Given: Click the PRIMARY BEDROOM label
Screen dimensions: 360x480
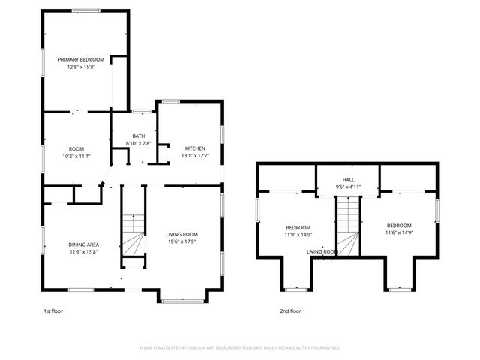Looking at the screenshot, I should [81, 59].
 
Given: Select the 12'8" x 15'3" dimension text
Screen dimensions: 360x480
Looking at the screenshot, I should [81, 67].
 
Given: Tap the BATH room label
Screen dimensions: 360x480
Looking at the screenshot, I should [139, 136].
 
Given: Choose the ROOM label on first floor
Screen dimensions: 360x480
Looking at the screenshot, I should [76, 148].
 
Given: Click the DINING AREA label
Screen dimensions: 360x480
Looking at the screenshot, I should [84, 244].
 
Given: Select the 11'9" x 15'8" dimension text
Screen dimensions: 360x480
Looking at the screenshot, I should [84, 251].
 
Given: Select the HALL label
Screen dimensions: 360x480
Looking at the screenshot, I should [348, 180].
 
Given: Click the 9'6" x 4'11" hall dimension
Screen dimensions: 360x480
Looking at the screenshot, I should [348, 187].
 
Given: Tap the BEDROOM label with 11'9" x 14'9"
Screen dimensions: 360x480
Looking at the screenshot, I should [298, 227].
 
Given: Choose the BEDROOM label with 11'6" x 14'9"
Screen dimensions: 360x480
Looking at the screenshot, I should [399, 226].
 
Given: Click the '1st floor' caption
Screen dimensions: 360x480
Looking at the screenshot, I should [52, 310].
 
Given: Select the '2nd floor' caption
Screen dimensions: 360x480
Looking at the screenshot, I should [290, 310].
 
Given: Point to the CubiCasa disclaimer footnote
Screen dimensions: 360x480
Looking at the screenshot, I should [240, 348].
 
